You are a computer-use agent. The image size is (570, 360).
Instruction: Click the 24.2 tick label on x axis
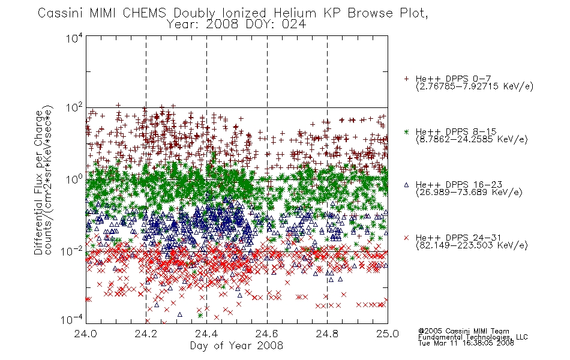(x=146, y=334)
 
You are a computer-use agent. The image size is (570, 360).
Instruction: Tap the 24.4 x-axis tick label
(x=207, y=334)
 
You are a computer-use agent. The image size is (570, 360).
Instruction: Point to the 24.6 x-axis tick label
(x=267, y=334)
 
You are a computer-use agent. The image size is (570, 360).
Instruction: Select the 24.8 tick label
(x=328, y=334)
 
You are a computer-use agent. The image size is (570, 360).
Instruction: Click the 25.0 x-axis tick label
(x=388, y=334)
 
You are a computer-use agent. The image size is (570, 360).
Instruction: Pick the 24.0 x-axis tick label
(x=86, y=334)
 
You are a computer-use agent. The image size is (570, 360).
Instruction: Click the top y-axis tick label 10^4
(x=74, y=38)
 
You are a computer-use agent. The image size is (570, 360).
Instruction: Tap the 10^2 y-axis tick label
(x=74, y=108)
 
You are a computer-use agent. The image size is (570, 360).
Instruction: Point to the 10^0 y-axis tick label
(x=74, y=179)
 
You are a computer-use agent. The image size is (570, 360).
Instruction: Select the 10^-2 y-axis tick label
(x=73, y=251)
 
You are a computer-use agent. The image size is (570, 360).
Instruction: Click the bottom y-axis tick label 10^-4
(x=73, y=320)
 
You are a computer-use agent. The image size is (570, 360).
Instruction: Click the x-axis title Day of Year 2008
(x=236, y=346)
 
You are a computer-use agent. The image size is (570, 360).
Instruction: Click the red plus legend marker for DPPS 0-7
(x=407, y=79)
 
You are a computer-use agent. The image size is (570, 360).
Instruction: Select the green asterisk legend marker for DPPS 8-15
(x=407, y=131)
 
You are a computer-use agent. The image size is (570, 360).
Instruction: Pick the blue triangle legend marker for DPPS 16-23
(x=407, y=185)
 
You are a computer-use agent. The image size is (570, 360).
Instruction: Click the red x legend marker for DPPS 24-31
(x=407, y=238)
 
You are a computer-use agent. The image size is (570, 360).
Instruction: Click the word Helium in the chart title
(x=295, y=13)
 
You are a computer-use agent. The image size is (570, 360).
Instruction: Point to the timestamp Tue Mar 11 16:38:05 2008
(x=466, y=343)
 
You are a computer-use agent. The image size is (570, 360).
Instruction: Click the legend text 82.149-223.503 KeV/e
(x=472, y=245)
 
